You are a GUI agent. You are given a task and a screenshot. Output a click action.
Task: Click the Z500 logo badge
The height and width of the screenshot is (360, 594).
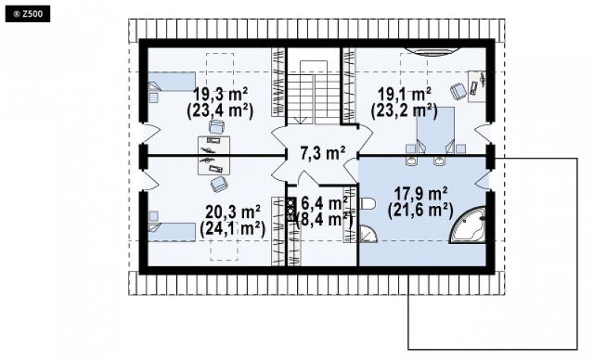(x=28, y=15)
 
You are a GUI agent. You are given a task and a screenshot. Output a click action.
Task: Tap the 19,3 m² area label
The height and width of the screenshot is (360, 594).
(x=221, y=93)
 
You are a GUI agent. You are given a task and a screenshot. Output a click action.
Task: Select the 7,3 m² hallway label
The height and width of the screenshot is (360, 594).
(x=323, y=153)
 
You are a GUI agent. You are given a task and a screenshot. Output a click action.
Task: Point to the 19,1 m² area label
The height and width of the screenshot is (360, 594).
(x=405, y=94)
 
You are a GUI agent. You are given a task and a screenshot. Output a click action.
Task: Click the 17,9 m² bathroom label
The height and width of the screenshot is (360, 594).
(x=420, y=193)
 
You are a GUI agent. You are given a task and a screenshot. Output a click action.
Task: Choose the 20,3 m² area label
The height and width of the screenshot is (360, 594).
(x=233, y=212)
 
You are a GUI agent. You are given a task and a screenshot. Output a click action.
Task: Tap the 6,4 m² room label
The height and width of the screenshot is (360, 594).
(x=324, y=203)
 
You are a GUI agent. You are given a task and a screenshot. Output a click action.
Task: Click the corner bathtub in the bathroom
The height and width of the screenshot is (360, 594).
(x=468, y=225)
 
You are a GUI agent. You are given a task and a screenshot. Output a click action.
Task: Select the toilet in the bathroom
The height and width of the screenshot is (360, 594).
(x=367, y=205)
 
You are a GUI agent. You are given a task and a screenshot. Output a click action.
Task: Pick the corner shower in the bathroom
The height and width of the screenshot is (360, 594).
(x=368, y=234)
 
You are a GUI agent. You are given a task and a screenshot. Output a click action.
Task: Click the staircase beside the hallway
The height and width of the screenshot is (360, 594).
(x=314, y=93)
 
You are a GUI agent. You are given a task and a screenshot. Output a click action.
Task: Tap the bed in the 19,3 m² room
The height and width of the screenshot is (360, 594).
(x=171, y=82)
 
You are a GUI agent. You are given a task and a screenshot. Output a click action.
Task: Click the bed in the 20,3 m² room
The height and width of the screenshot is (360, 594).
(x=171, y=232)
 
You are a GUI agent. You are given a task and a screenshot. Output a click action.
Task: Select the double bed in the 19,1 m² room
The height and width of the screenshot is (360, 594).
(x=435, y=130)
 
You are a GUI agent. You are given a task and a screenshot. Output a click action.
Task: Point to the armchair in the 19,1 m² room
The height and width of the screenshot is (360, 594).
(x=458, y=91)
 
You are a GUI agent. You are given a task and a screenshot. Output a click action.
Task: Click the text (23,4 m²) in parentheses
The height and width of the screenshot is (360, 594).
(x=220, y=111)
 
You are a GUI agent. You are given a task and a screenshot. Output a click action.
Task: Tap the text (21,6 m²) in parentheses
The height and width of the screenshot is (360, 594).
(x=420, y=211)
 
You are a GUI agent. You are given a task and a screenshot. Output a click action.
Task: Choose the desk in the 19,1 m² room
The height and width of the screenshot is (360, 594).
(x=477, y=86)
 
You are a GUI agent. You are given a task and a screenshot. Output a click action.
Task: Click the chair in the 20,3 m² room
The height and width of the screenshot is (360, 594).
(x=219, y=185)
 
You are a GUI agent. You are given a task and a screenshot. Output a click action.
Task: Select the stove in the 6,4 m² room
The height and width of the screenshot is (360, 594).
(x=291, y=210)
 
